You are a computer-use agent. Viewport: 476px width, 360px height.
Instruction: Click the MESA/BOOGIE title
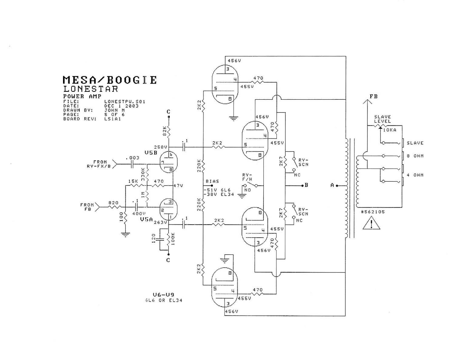pyautogui.click(x=109, y=80)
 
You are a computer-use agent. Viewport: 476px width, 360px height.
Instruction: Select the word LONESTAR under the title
pyautogui.click(x=90, y=89)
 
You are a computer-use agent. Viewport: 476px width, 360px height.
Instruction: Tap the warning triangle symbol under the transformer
pyautogui.click(x=371, y=224)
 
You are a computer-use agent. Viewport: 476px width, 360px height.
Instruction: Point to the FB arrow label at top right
pyautogui.click(x=374, y=97)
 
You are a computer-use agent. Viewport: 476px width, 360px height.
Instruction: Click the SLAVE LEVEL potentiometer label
pyautogui.click(x=382, y=119)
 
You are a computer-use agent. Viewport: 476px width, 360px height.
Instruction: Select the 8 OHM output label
pyautogui.click(x=415, y=156)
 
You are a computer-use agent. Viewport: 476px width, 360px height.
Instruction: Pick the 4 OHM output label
pyautogui.click(x=415, y=175)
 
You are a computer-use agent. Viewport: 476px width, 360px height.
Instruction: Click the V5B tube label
pyautogui.click(x=151, y=153)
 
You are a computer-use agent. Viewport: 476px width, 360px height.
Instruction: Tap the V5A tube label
pyautogui.click(x=146, y=219)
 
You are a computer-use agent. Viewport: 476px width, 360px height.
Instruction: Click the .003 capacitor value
pyautogui.click(x=132, y=158)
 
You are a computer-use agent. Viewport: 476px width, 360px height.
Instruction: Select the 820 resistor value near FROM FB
pyautogui.click(x=113, y=203)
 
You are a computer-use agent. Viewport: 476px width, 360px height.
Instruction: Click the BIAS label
pyautogui.click(x=212, y=181)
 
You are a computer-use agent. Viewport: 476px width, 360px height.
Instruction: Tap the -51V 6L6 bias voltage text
pyautogui.click(x=217, y=190)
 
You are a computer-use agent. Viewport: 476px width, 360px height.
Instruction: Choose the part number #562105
pyautogui.click(x=373, y=212)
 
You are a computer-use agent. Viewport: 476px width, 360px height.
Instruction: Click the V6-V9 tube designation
pyautogui.click(x=163, y=295)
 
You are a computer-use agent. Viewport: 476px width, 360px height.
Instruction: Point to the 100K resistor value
pyautogui.click(x=173, y=238)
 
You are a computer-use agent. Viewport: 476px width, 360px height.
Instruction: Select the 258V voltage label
pyautogui.click(x=160, y=147)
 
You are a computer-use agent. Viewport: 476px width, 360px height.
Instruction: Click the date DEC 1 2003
pyautogui.click(x=121, y=106)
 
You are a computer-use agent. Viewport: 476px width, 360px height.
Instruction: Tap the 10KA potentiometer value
pyautogui.click(x=390, y=130)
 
